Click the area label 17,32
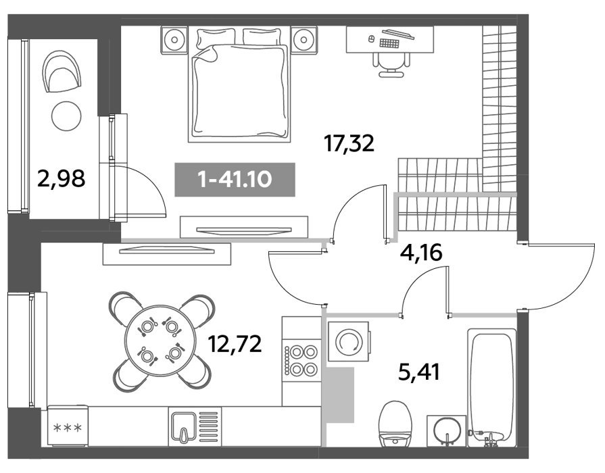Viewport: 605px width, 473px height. pos(349,143)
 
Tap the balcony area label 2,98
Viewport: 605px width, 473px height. pos(61,178)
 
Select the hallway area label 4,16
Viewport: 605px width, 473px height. pos(420,253)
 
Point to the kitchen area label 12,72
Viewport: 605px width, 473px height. pos(235,343)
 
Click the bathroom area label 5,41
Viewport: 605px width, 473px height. pos(419,372)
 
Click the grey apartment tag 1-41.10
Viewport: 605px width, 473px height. pos(235,179)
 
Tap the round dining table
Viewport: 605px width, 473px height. pos(159,341)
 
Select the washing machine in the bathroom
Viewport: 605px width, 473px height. pos(348,341)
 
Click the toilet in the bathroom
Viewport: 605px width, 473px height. pos(395,424)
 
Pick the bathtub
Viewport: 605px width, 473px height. pos(491,388)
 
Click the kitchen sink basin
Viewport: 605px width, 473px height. pos(183,426)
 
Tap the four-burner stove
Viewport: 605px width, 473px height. pos(301,360)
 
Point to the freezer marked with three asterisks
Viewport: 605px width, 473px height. pos(68,426)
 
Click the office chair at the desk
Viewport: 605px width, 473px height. pos(391,64)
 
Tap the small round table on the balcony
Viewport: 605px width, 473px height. pos(66,116)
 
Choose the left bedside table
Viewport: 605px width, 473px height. pos(174,39)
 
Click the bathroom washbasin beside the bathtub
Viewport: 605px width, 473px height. pos(446,431)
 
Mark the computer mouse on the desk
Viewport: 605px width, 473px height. pos(372,39)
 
